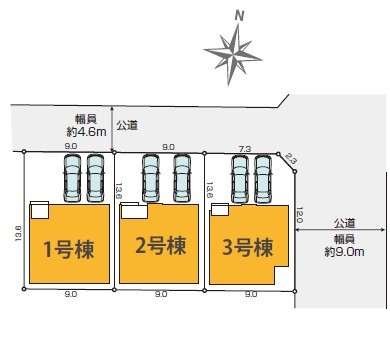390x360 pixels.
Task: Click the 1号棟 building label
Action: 69,249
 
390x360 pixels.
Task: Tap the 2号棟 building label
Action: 160,246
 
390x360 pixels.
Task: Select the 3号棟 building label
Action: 248,247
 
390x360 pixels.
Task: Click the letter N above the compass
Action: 239,16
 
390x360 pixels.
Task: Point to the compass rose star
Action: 233,55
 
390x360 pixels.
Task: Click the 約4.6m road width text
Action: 87,132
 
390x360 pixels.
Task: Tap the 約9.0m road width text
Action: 345,252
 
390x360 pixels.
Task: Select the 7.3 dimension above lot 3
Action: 245,149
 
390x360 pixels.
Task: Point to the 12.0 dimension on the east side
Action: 299,215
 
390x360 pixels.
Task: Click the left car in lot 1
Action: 72,177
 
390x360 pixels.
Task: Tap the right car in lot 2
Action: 182,178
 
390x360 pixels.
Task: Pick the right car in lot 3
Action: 263,179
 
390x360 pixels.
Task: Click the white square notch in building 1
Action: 40,210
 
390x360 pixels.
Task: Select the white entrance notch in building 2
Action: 134,211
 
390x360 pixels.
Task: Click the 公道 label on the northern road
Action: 127,125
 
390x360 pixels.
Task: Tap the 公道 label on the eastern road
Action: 345,223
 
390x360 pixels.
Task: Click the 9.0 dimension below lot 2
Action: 161,294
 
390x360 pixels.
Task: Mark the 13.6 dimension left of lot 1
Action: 18,233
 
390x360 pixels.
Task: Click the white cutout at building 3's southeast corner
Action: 282,275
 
